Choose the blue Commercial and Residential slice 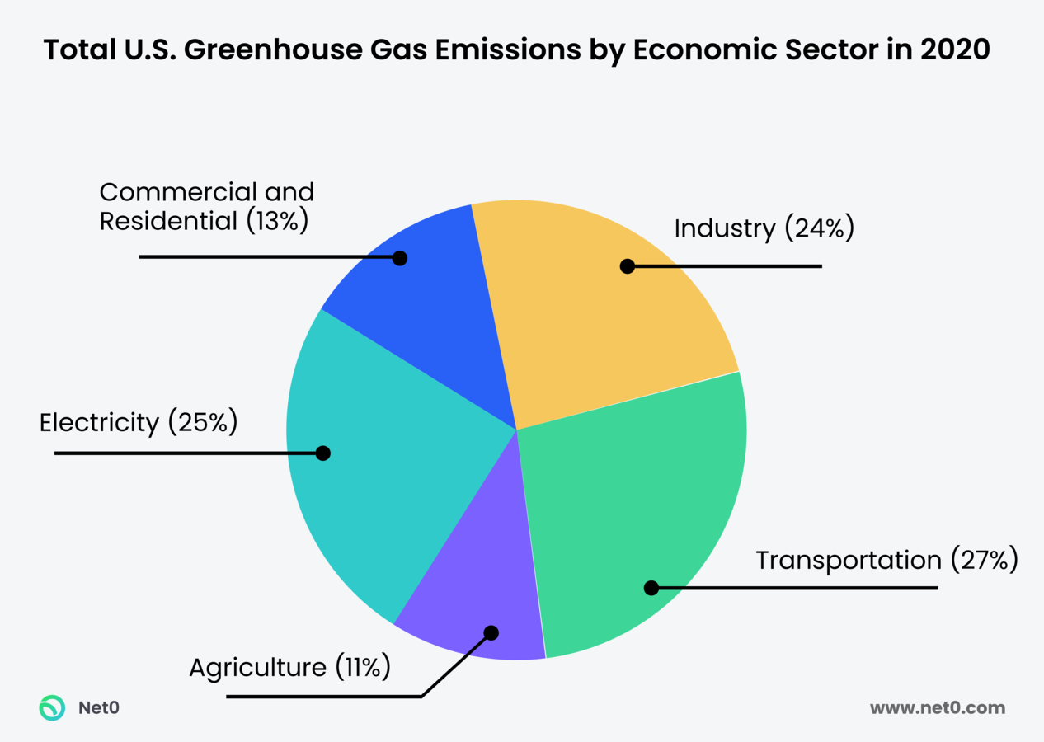429,297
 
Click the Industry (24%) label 764,228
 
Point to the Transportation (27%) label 887,561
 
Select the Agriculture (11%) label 289,667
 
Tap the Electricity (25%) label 139,423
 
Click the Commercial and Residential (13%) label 206,207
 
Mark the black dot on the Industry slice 628,266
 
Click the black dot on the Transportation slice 651,588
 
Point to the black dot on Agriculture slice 491,633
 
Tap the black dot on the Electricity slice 323,453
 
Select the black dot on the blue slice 400,258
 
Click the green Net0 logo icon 53,708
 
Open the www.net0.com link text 938,708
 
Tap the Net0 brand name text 98,708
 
